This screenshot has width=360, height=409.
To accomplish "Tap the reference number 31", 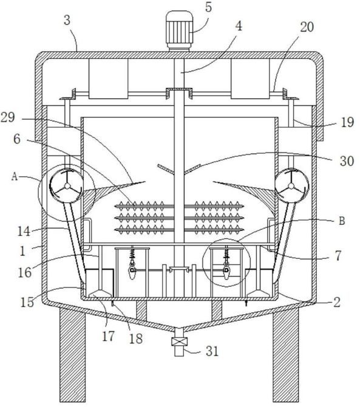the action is point(212,351).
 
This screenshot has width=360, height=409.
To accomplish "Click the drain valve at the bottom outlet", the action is point(179,342).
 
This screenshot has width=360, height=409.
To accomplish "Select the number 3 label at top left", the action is point(67,20).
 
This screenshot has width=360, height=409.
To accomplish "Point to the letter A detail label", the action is point(15,177).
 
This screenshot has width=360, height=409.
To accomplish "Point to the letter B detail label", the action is point(342,221).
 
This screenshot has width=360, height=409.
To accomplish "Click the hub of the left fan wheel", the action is point(67,186).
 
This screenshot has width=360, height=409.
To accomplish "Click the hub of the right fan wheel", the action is point(291,186).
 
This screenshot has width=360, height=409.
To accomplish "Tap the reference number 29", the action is point(7,117).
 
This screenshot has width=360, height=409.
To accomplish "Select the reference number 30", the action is point(347,160).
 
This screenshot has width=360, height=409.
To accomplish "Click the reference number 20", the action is point(307,27).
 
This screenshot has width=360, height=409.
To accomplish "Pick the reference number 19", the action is point(347,122).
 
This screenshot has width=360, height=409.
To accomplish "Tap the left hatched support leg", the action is point(72,355).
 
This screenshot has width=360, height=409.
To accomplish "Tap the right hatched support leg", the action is point(286,355).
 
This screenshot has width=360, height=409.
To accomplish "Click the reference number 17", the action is point(108,335).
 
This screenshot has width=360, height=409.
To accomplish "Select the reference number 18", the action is point(136,339).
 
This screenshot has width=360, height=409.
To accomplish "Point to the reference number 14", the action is point(24,231).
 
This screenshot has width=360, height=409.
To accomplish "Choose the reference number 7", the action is point(338,255).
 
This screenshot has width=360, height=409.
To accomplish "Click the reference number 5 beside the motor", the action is point(208,7).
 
